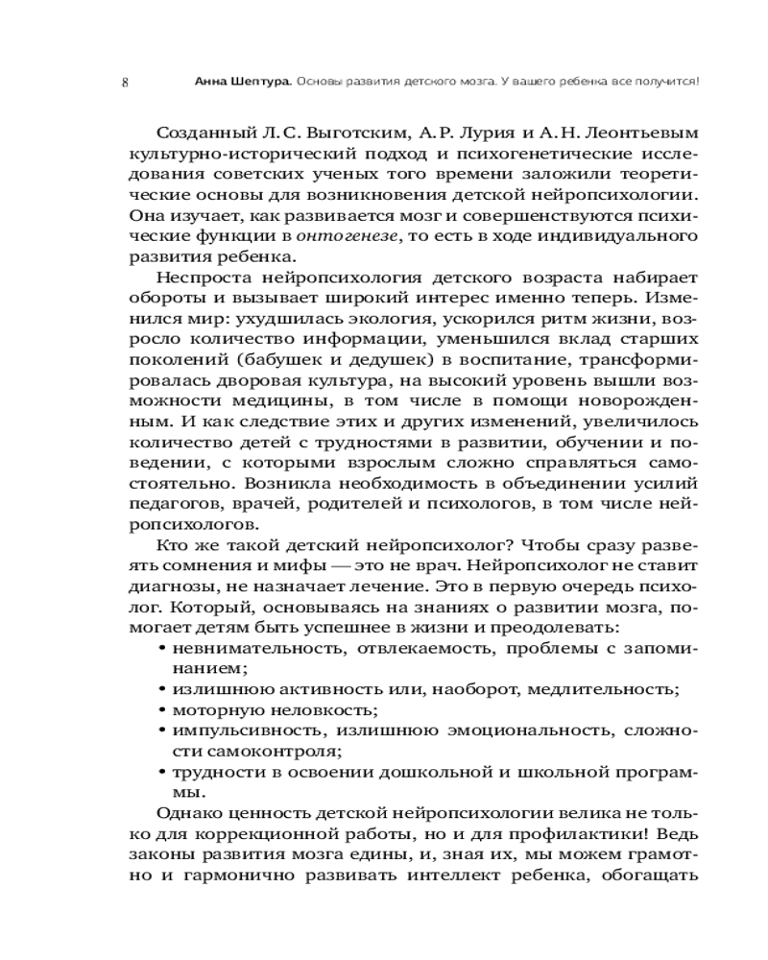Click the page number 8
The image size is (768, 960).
[x=126, y=82]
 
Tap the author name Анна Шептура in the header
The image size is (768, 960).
[x=235, y=82]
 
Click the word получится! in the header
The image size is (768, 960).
[x=668, y=82]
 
